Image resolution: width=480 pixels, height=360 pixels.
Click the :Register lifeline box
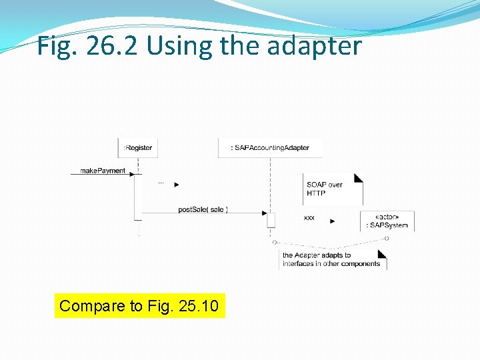coord(138,147)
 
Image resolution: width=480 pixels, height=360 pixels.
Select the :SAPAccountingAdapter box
coord(270,147)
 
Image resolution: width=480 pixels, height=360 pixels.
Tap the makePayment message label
coord(103,171)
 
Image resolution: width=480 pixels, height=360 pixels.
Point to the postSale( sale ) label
coord(203,209)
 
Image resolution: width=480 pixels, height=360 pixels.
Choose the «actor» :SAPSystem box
coord(387,221)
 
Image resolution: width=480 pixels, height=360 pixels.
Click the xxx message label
coord(309,218)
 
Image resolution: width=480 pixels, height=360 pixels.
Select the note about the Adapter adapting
coord(332,259)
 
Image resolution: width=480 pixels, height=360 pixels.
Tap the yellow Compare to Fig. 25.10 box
coord(139,306)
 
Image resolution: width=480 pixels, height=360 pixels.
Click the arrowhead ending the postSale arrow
coord(263,213)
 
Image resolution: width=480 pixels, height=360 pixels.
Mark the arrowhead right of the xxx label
coord(333,221)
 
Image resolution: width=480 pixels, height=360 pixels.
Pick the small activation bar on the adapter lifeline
coord(271,219)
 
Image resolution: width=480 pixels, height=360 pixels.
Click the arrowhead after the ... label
coord(177,184)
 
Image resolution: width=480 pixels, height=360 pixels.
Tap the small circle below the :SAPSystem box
coord(387,238)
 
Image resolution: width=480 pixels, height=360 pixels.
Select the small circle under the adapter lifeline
coord(274,242)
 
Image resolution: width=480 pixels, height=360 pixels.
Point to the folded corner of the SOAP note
coord(359,178)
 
